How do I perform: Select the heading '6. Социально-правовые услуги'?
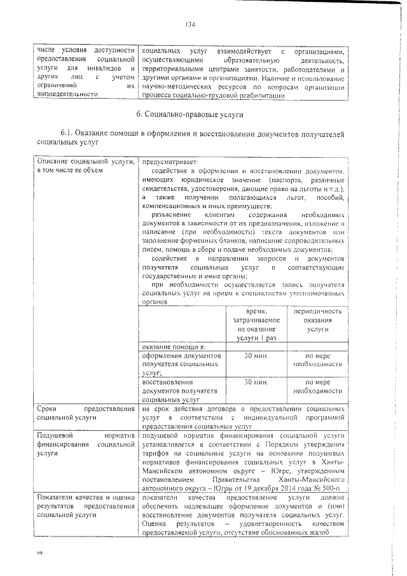[x=190, y=115]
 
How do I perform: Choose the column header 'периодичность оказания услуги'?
[x=317, y=321]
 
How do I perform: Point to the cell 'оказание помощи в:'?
[x=170, y=346]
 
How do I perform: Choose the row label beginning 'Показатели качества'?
[x=85, y=505]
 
